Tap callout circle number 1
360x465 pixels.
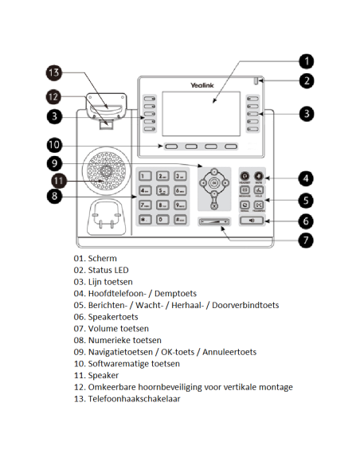coord(307,61)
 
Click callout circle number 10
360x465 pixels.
coord(54,145)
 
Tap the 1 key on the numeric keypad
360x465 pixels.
coord(144,176)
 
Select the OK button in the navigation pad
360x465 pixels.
coord(214,183)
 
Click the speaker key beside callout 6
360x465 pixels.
coord(252,220)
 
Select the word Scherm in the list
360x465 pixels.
coord(103,259)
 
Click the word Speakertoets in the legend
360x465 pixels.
coord(113,316)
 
